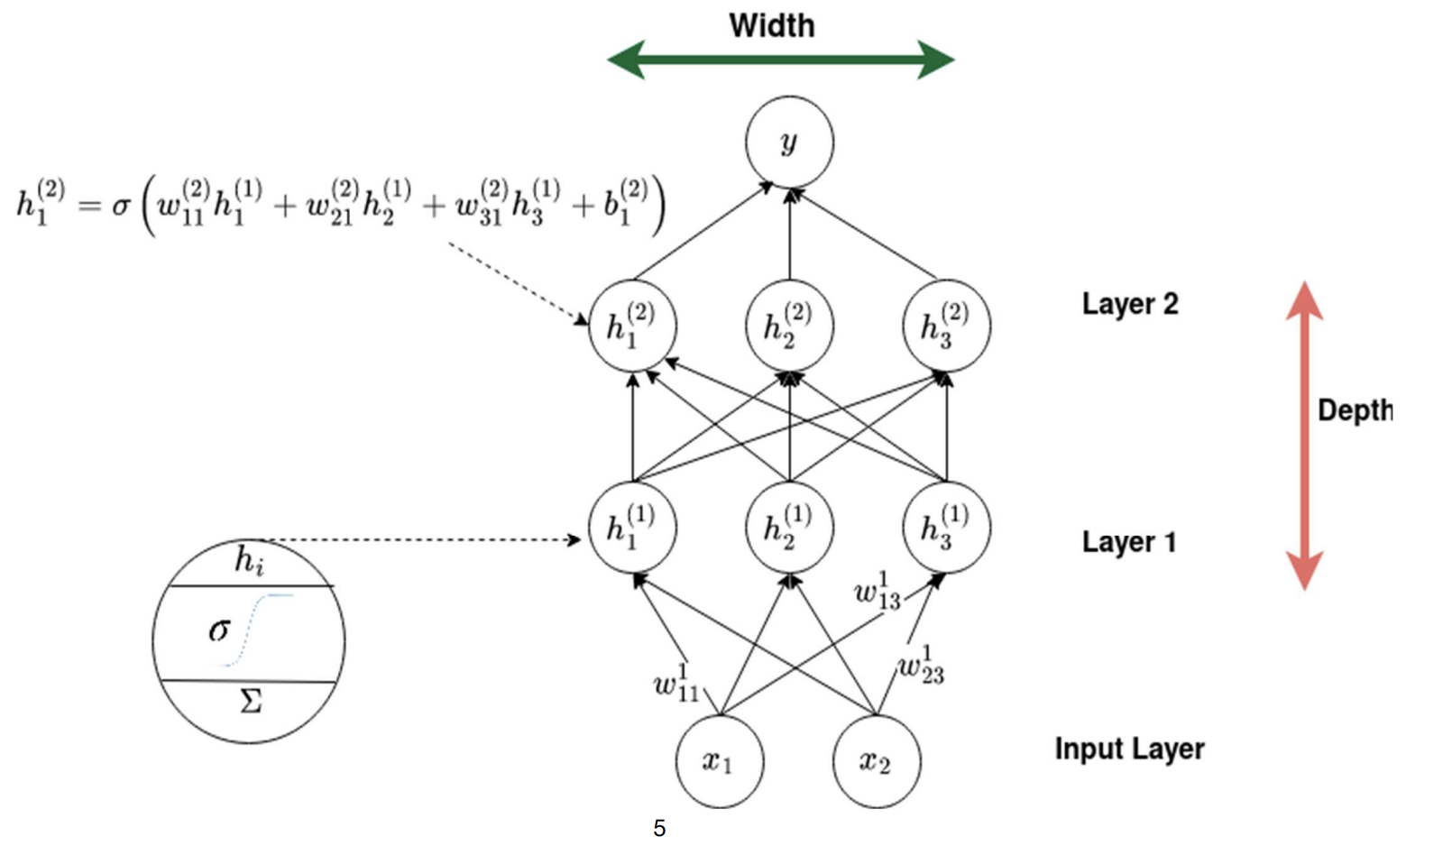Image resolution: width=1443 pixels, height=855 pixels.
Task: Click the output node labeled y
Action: [x=789, y=142]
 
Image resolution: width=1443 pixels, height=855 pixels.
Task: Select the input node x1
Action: [x=720, y=761]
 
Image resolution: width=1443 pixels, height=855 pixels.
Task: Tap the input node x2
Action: [x=877, y=761]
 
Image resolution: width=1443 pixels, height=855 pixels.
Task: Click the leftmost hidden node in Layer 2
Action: [x=632, y=326]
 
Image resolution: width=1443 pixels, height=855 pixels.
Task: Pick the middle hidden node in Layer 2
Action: [x=789, y=326]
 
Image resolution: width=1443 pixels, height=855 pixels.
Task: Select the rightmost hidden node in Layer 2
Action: [x=946, y=326]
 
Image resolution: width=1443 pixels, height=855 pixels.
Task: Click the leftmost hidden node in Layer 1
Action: [x=632, y=528]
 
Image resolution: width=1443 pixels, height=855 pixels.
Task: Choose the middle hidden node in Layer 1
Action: [x=789, y=528]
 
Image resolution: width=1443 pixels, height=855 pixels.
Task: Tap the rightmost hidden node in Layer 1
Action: [x=946, y=528]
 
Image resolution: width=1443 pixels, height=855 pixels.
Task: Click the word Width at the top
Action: [x=772, y=25]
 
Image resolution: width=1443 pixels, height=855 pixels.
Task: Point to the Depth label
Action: [x=1355, y=410]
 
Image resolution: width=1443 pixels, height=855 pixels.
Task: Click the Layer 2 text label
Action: [x=1130, y=304]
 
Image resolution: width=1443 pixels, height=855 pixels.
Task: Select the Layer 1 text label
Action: [x=1128, y=541]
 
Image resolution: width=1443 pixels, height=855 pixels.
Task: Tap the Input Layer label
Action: [x=1129, y=749]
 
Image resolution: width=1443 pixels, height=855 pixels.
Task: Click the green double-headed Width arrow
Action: [x=781, y=60]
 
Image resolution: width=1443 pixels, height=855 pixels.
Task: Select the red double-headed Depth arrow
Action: [x=1304, y=436]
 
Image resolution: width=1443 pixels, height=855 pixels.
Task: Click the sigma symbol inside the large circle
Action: [x=219, y=630]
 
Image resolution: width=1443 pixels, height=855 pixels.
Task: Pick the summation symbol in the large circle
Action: [x=251, y=701]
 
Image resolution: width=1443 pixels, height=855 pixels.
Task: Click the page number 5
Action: [x=659, y=828]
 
